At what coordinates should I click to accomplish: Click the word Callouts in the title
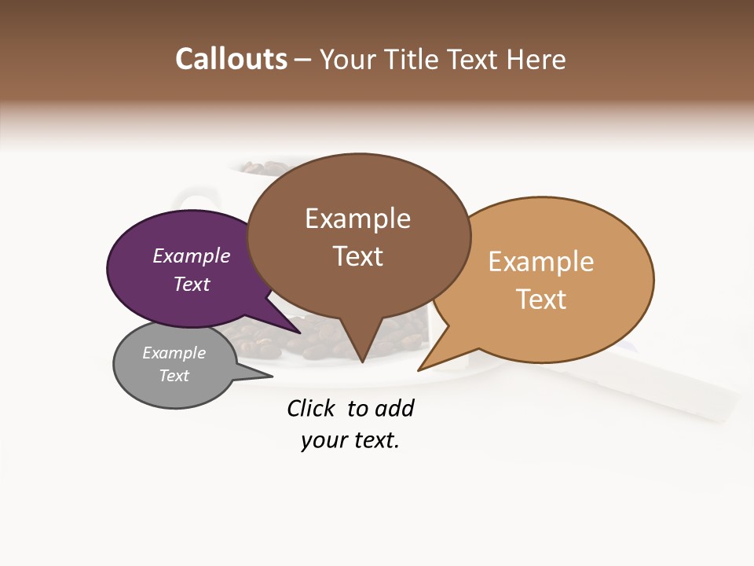(231, 59)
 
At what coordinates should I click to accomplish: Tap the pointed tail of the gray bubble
(270, 375)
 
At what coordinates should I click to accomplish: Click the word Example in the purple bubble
(192, 255)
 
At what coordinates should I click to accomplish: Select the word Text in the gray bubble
(174, 376)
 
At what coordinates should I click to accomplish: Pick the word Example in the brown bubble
(357, 218)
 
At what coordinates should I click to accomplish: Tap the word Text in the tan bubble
(541, 299)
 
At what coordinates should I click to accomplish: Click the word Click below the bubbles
(313, 408)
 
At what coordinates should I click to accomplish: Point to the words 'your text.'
(350, 440)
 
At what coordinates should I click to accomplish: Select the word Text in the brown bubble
(358, 256)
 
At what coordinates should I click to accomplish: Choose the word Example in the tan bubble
(541, 261)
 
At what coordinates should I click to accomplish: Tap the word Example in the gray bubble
(174, 353)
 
